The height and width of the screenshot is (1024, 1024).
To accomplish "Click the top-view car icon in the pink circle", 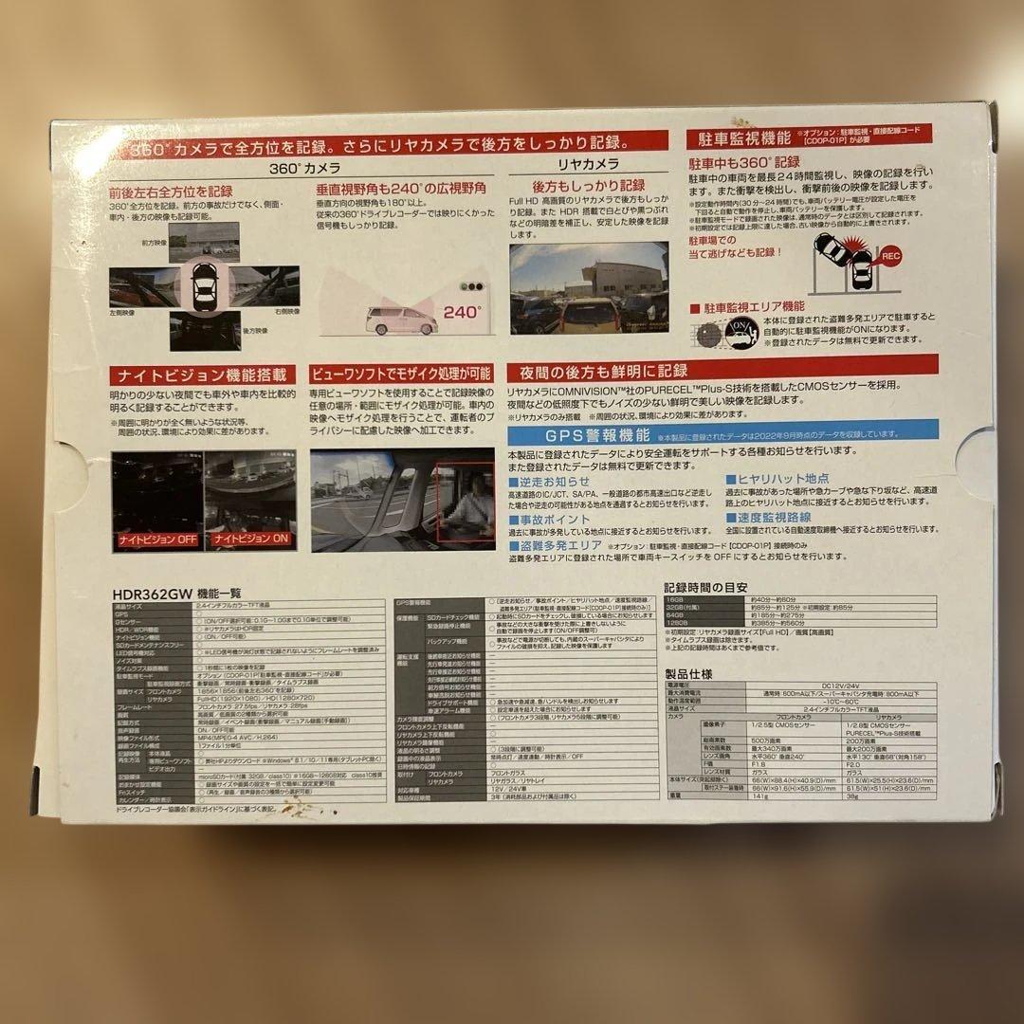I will [x=204, y=283].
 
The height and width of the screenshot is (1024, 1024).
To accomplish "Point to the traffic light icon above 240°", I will [x=468, y=285].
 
